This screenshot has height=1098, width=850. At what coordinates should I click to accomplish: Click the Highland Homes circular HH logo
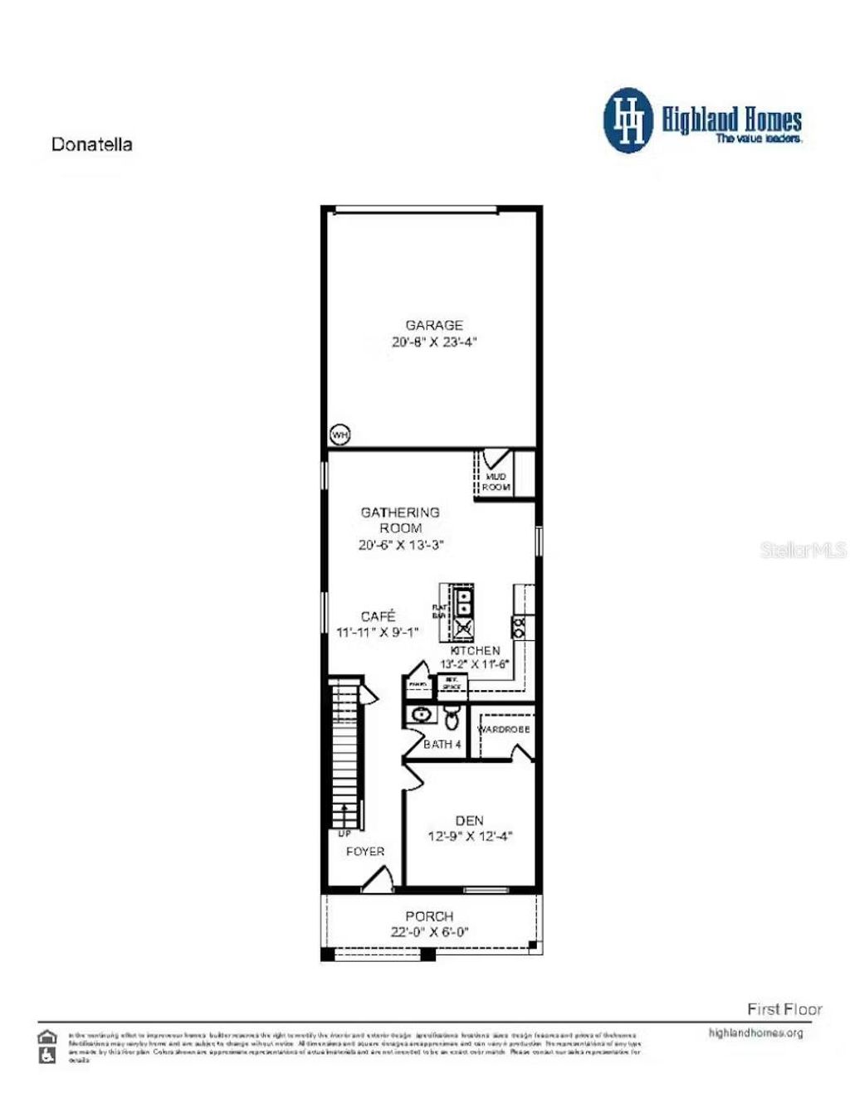tap(628, 121)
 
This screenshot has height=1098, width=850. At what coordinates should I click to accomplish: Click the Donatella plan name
tap(91, 144)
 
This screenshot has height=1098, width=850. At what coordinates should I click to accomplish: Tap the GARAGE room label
tap(433, 325)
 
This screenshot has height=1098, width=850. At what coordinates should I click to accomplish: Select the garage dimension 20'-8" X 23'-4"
tap(433, 342)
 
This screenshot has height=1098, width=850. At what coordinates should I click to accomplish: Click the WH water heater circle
tap(340, 435)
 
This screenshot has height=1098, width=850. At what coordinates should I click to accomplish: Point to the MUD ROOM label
tap(496, 482)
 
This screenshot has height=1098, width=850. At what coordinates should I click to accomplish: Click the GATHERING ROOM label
tap(400, 520)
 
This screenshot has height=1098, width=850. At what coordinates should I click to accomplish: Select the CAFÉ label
tap(378, 616)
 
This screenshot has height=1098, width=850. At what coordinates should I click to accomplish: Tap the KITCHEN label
tap(475, 650)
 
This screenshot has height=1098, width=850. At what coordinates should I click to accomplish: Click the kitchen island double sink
tap(464, 601)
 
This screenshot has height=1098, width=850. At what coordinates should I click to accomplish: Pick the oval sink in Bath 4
tap(422, 714)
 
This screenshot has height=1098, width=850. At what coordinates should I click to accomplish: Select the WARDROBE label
tap(504, 729)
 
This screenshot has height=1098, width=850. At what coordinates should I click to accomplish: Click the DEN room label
tap(469, 820)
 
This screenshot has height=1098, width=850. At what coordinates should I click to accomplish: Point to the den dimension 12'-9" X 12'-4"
tap(469, 836)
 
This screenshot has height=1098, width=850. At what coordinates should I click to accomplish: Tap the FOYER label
tap(365, 851)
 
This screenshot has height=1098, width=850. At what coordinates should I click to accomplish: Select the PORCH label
tap(429, 916)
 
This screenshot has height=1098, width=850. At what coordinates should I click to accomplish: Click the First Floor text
tap(784, 1008)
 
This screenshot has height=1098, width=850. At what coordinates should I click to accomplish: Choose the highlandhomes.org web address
tap(755, 1032)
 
